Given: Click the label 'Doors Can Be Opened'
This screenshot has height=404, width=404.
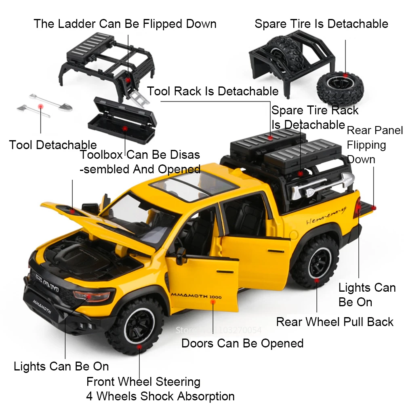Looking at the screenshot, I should [242, 343].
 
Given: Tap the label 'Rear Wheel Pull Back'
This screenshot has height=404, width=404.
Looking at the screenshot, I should [335, 322].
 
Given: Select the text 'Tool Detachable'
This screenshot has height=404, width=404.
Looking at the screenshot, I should [53, 145].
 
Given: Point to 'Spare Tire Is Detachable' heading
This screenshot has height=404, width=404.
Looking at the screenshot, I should [321, 24].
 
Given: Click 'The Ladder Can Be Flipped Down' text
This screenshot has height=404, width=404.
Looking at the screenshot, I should [125, 23].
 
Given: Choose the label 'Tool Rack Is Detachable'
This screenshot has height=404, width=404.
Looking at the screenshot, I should [213, 91].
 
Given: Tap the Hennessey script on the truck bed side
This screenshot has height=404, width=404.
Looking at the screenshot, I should [326, 214].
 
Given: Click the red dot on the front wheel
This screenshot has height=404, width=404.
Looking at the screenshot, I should [139, 346].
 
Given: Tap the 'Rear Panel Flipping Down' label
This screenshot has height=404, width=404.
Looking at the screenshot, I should [375, 145].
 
